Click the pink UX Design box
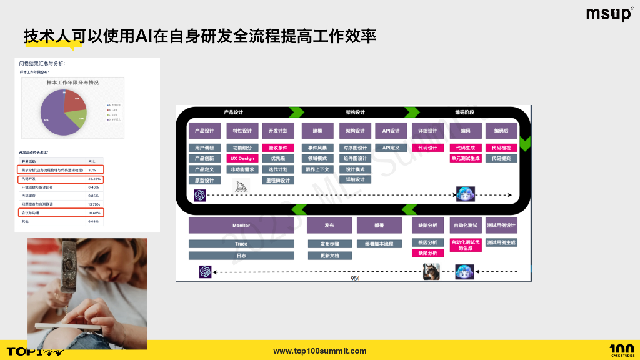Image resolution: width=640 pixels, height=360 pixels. point(242,159)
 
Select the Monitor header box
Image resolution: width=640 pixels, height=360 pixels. point(241,226)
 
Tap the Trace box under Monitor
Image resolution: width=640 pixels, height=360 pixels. point(241,244)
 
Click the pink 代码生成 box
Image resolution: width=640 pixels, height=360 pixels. point(466,148)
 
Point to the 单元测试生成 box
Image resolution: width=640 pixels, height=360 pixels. point(466,159)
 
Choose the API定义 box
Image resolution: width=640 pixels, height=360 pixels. point(391,148)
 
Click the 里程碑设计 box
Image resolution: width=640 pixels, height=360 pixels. point(277,180)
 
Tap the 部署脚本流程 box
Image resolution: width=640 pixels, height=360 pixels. point(379,244)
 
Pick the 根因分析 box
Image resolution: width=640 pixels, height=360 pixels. point(428,242)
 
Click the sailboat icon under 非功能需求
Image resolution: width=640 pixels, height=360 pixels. point(242,186)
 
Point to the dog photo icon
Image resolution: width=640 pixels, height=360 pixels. point(431,271)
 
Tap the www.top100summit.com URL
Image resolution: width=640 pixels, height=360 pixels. point(320,351)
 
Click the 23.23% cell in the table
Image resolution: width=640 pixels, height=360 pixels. point(94,179)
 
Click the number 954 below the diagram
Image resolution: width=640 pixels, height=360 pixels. point(355,279)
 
